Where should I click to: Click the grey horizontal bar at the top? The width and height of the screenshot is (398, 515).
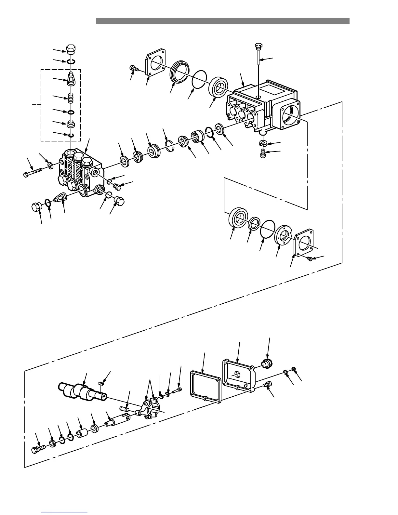222,21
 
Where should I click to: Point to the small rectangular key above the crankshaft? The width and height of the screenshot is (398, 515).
101,384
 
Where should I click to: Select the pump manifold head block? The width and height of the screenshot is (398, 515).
80,172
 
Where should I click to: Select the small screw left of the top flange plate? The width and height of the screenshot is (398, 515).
133,68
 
